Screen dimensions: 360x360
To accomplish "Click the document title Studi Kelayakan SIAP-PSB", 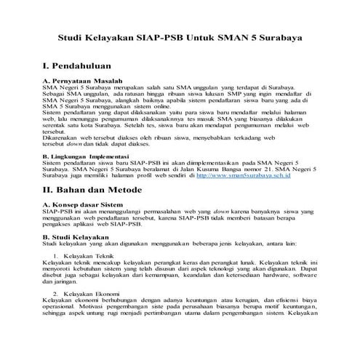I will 180,36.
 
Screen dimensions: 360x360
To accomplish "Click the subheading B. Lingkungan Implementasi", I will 86,156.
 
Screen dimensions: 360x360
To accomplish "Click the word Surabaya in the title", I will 279,36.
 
